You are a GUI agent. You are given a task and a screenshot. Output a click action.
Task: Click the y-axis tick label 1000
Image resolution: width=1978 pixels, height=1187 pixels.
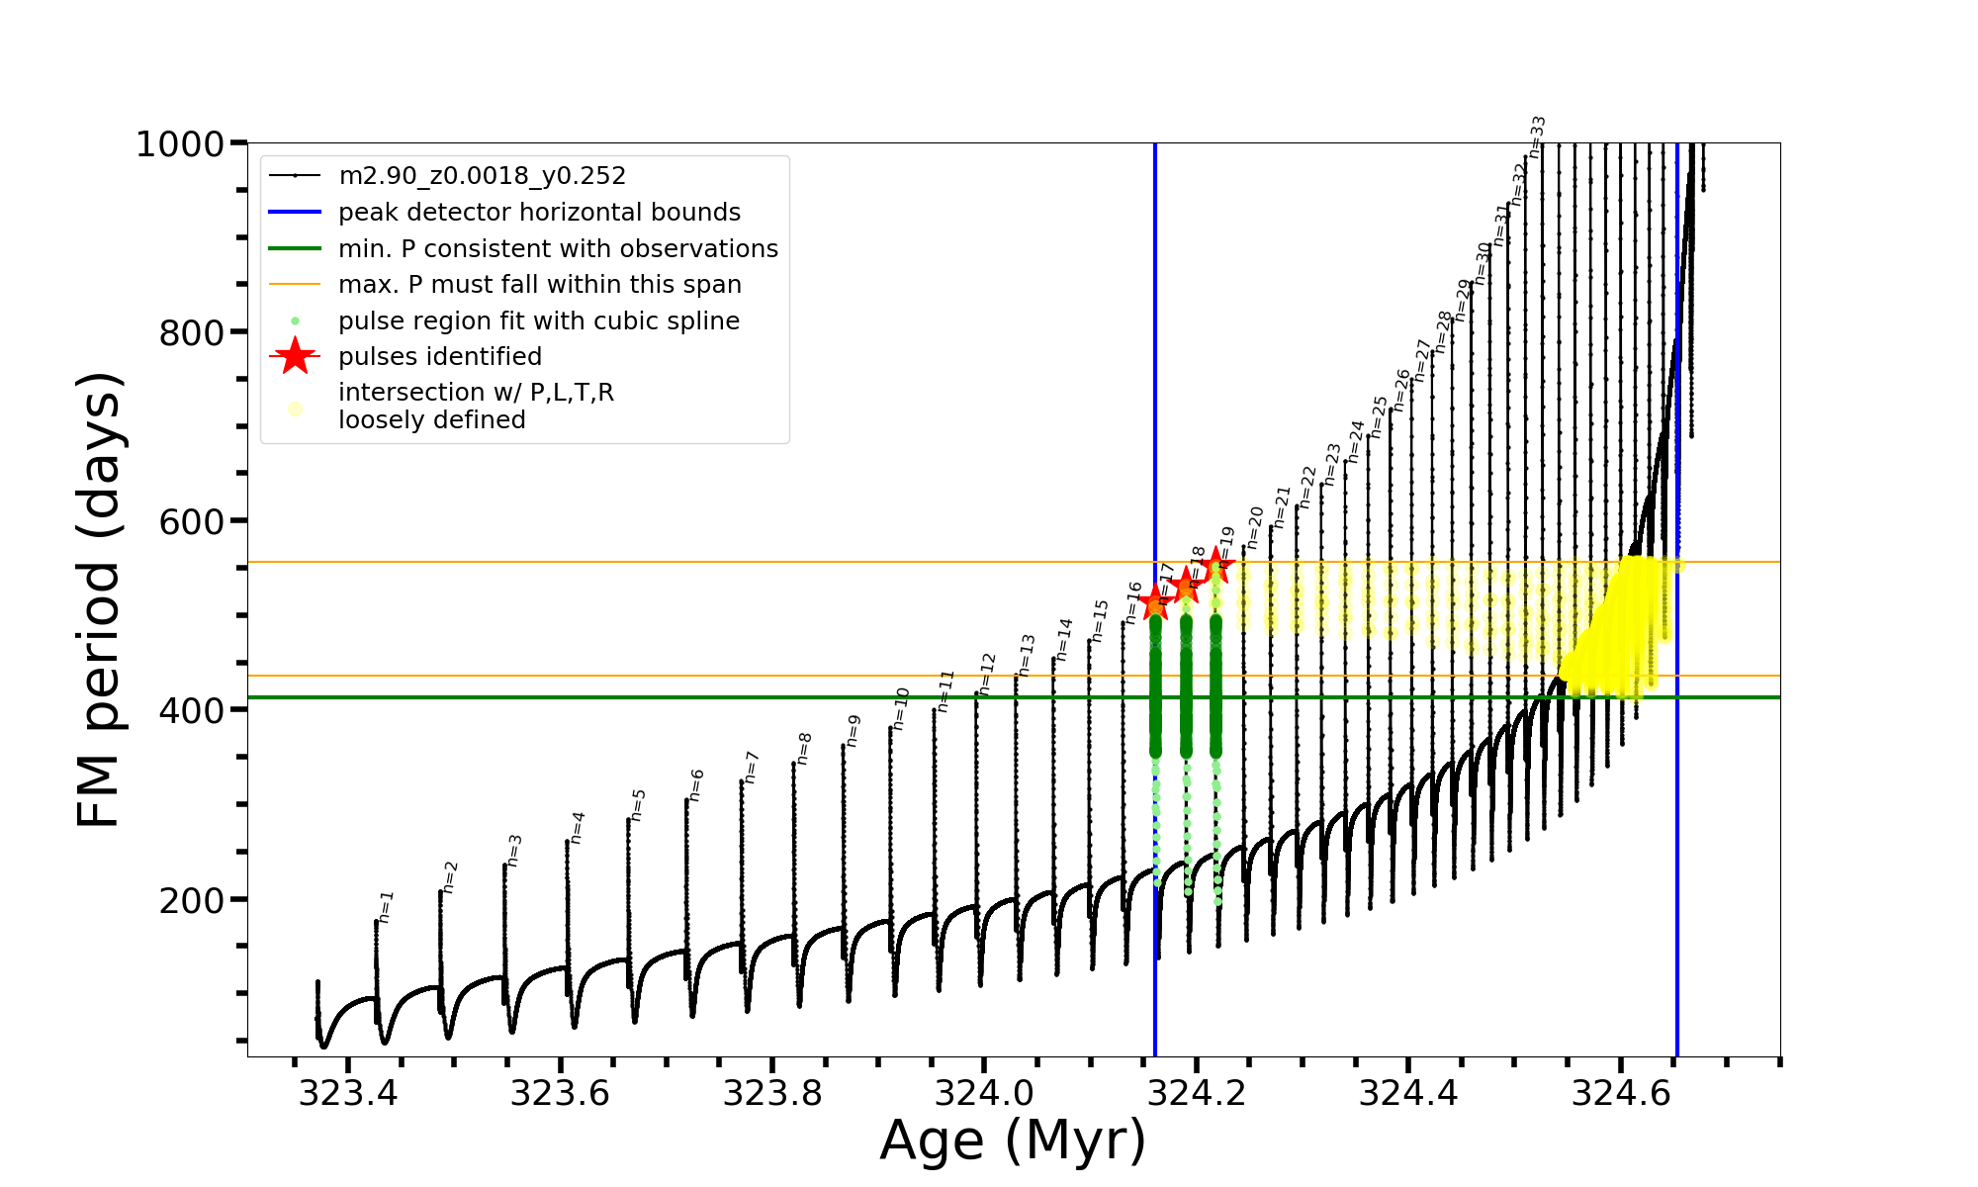pos(180,144)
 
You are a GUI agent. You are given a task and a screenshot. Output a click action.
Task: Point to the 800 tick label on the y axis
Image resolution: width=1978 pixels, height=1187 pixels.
pos(191,333)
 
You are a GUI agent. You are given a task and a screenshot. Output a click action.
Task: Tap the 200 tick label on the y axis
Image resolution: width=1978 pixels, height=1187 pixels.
pos(191,901)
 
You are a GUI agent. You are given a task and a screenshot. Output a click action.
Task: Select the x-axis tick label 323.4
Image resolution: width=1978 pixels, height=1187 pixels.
pos(348,1093)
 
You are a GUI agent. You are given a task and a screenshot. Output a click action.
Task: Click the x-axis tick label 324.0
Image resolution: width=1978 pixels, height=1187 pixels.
pos(984,1093)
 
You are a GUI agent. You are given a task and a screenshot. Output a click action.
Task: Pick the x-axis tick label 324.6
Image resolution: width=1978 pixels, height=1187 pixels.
pos(1621,1093)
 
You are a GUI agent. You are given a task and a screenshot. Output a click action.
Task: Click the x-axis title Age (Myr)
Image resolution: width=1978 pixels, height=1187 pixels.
pos(1013,1141)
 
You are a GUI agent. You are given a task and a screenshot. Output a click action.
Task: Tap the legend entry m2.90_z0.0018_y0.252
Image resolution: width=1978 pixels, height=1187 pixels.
pos(482,176)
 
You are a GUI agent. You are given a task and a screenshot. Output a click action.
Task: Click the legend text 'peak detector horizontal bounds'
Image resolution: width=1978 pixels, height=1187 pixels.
pos(539,213)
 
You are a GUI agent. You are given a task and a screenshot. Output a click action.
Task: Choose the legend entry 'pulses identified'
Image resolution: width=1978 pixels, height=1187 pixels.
pos(440,357)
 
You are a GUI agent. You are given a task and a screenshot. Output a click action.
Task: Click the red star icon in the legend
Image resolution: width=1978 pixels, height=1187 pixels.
pos(295,357)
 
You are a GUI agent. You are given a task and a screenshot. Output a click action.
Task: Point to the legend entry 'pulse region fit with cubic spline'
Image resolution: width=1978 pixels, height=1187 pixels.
pos(539,321)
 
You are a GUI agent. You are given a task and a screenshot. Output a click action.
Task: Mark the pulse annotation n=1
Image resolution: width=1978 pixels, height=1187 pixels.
pos(387,906)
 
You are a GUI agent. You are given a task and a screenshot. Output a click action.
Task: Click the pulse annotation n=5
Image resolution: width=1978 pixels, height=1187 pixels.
pos(638,804)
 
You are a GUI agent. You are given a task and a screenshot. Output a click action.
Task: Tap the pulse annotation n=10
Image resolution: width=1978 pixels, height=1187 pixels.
pos(900,708)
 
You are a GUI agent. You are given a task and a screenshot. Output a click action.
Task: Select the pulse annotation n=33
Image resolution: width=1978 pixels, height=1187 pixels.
pos(1537,137)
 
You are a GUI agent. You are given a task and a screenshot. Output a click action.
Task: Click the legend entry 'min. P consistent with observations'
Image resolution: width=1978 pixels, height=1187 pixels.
pos(558,249)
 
